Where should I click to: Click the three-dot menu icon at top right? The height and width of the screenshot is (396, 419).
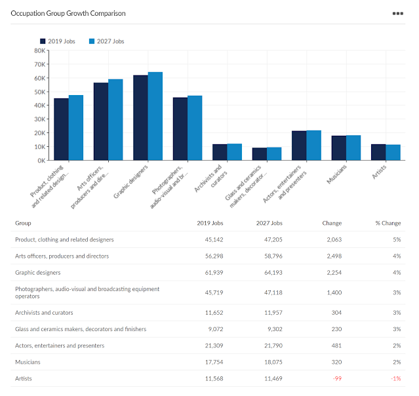pos(397,13)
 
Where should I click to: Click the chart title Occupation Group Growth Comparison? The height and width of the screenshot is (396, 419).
pos(68,13)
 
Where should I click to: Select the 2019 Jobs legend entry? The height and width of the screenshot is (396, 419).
pos(57,41)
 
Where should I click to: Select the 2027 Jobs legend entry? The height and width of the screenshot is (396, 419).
pos(105,41)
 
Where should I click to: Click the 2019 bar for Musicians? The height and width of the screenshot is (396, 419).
pos(338,148)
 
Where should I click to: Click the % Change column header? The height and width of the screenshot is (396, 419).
pos(388,223)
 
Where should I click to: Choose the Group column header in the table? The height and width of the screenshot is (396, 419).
pos(23,223)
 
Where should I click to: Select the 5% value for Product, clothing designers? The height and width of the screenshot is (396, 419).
pos(396,240)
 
